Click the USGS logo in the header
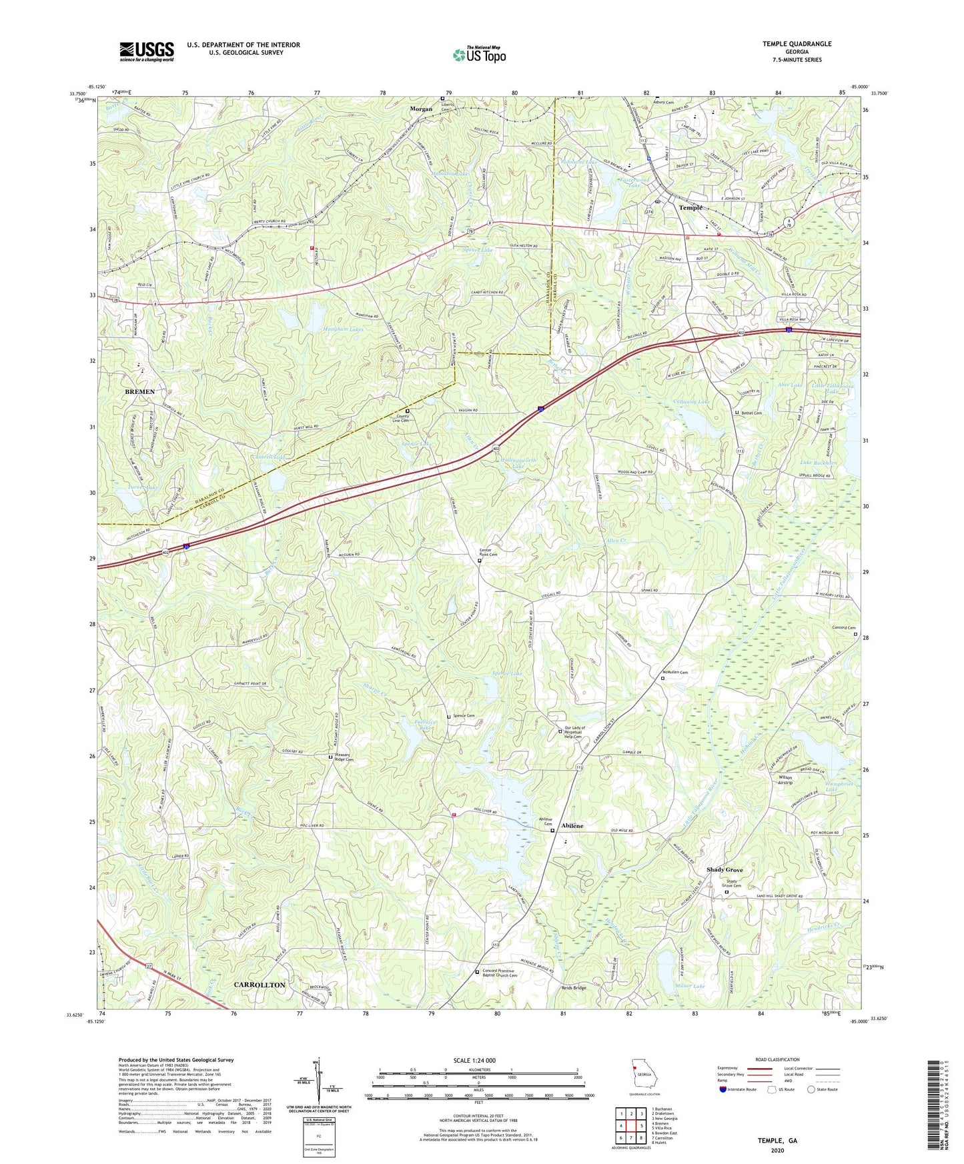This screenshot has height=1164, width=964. coord(147,51)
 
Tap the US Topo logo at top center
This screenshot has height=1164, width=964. coord(478,55)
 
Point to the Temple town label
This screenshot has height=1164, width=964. coord(690,208)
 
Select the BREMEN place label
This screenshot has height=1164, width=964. coord(139,392)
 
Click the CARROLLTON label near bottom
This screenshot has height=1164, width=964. coord(259,985)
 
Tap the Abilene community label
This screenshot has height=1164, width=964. coord(572,826)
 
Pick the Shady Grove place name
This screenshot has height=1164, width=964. coord(725,870)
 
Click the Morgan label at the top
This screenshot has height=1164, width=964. coord(421,109)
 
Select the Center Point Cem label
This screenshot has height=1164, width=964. coord(488,552)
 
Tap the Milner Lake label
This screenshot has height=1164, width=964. coord(689,986)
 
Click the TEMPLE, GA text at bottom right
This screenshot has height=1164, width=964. coord(777,1141)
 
